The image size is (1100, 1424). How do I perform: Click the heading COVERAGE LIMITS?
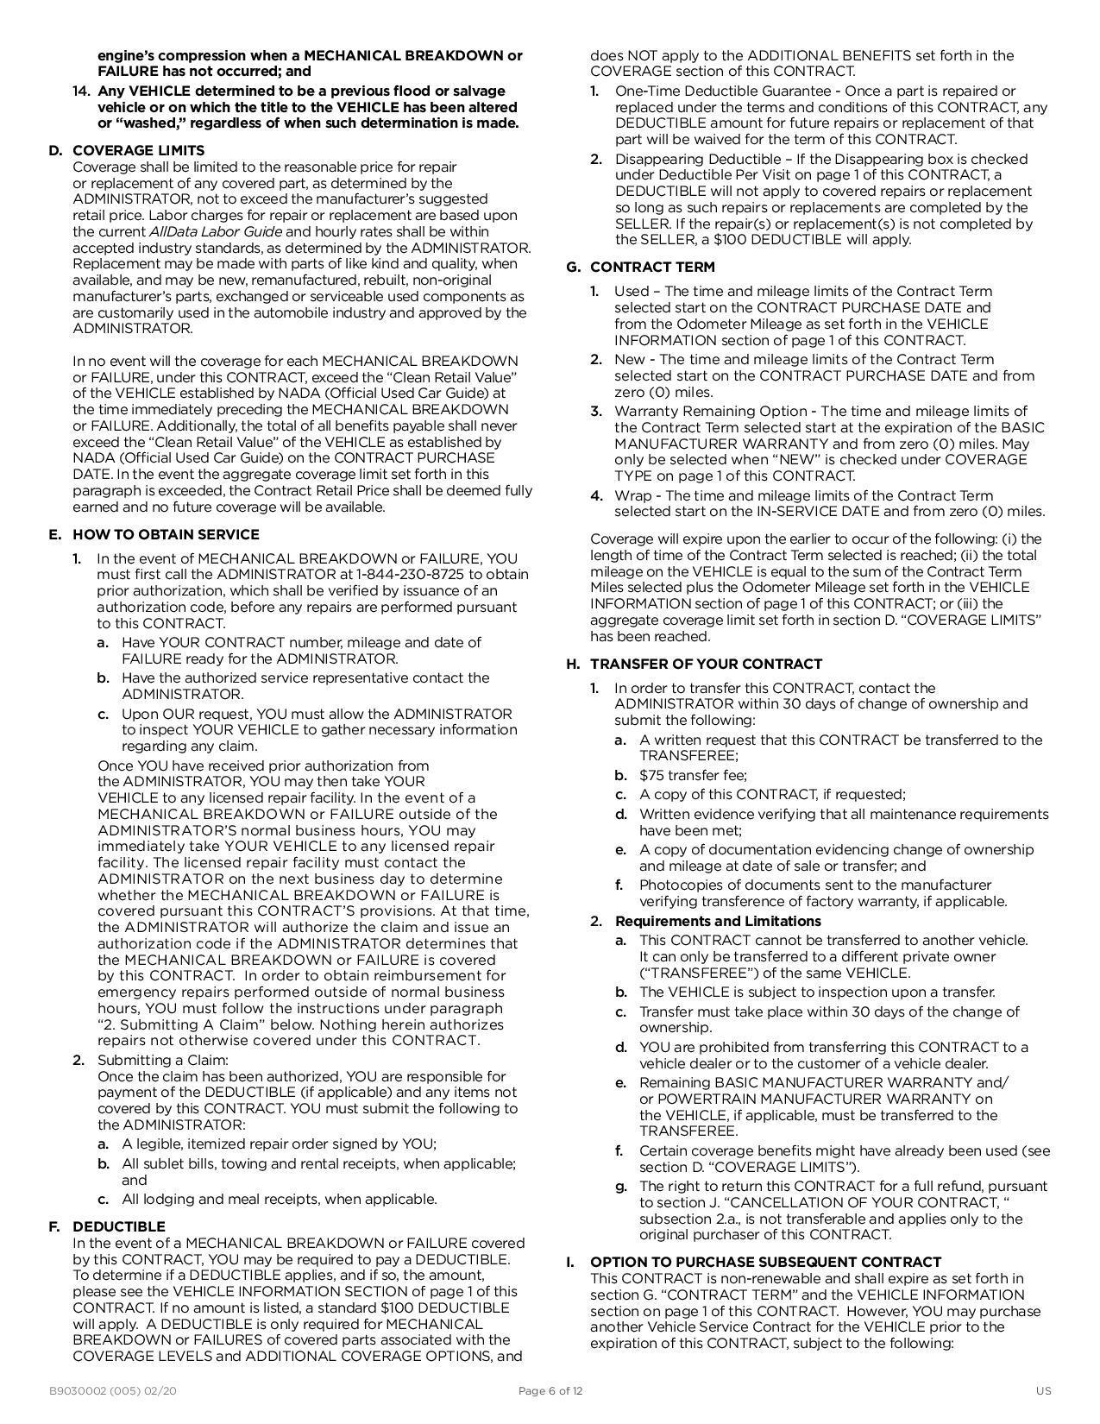[138, 150]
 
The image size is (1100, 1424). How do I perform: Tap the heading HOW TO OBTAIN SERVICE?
[166, 534]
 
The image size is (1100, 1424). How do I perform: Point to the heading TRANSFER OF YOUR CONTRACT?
[706, 664]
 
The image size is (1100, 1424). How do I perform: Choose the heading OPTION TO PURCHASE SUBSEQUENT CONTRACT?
[765, 1262]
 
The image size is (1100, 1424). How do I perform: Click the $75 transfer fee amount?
[654, 775]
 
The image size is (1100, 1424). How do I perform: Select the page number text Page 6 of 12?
[550, 1390]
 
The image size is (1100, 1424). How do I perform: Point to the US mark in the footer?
[1044, 1390]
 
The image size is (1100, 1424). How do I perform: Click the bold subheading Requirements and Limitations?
[718, 921]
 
